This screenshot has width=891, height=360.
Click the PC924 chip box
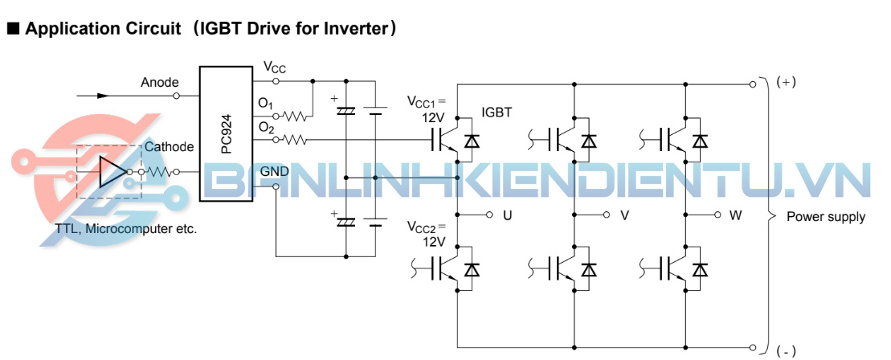[225, 133]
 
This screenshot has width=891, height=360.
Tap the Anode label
[160, 82]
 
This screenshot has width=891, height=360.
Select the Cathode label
[169, 147]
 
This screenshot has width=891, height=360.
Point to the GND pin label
[275, 171]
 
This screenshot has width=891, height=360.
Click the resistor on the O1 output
[296, 116]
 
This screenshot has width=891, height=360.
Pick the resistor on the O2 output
[296, 141]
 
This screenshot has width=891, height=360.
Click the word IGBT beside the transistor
[497, 113]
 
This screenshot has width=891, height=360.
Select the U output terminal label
[507, 216]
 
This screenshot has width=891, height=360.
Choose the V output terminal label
[624, 216]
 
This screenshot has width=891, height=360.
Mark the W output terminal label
[736, 216]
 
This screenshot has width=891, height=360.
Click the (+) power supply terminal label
[786, 82]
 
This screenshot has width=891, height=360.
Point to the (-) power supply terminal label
[786, 350]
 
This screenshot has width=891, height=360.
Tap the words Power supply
[825, 217]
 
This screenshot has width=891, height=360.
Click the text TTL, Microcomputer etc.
[126, 228]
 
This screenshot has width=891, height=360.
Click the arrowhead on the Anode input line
[103, 95]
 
